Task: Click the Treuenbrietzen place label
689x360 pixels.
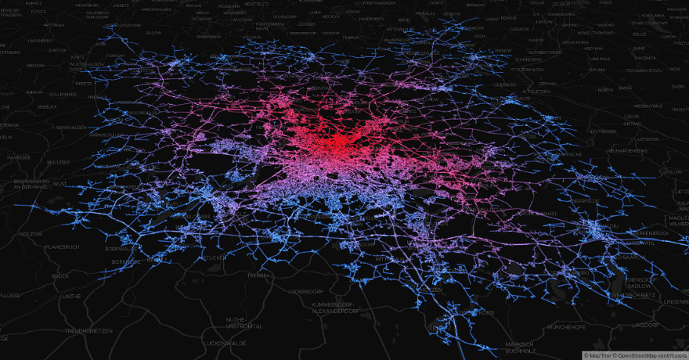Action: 88,331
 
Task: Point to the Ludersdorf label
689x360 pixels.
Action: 311,291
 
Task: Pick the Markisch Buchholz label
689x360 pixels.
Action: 519,347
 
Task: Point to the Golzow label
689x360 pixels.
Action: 31,234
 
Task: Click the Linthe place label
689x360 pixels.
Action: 71,296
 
